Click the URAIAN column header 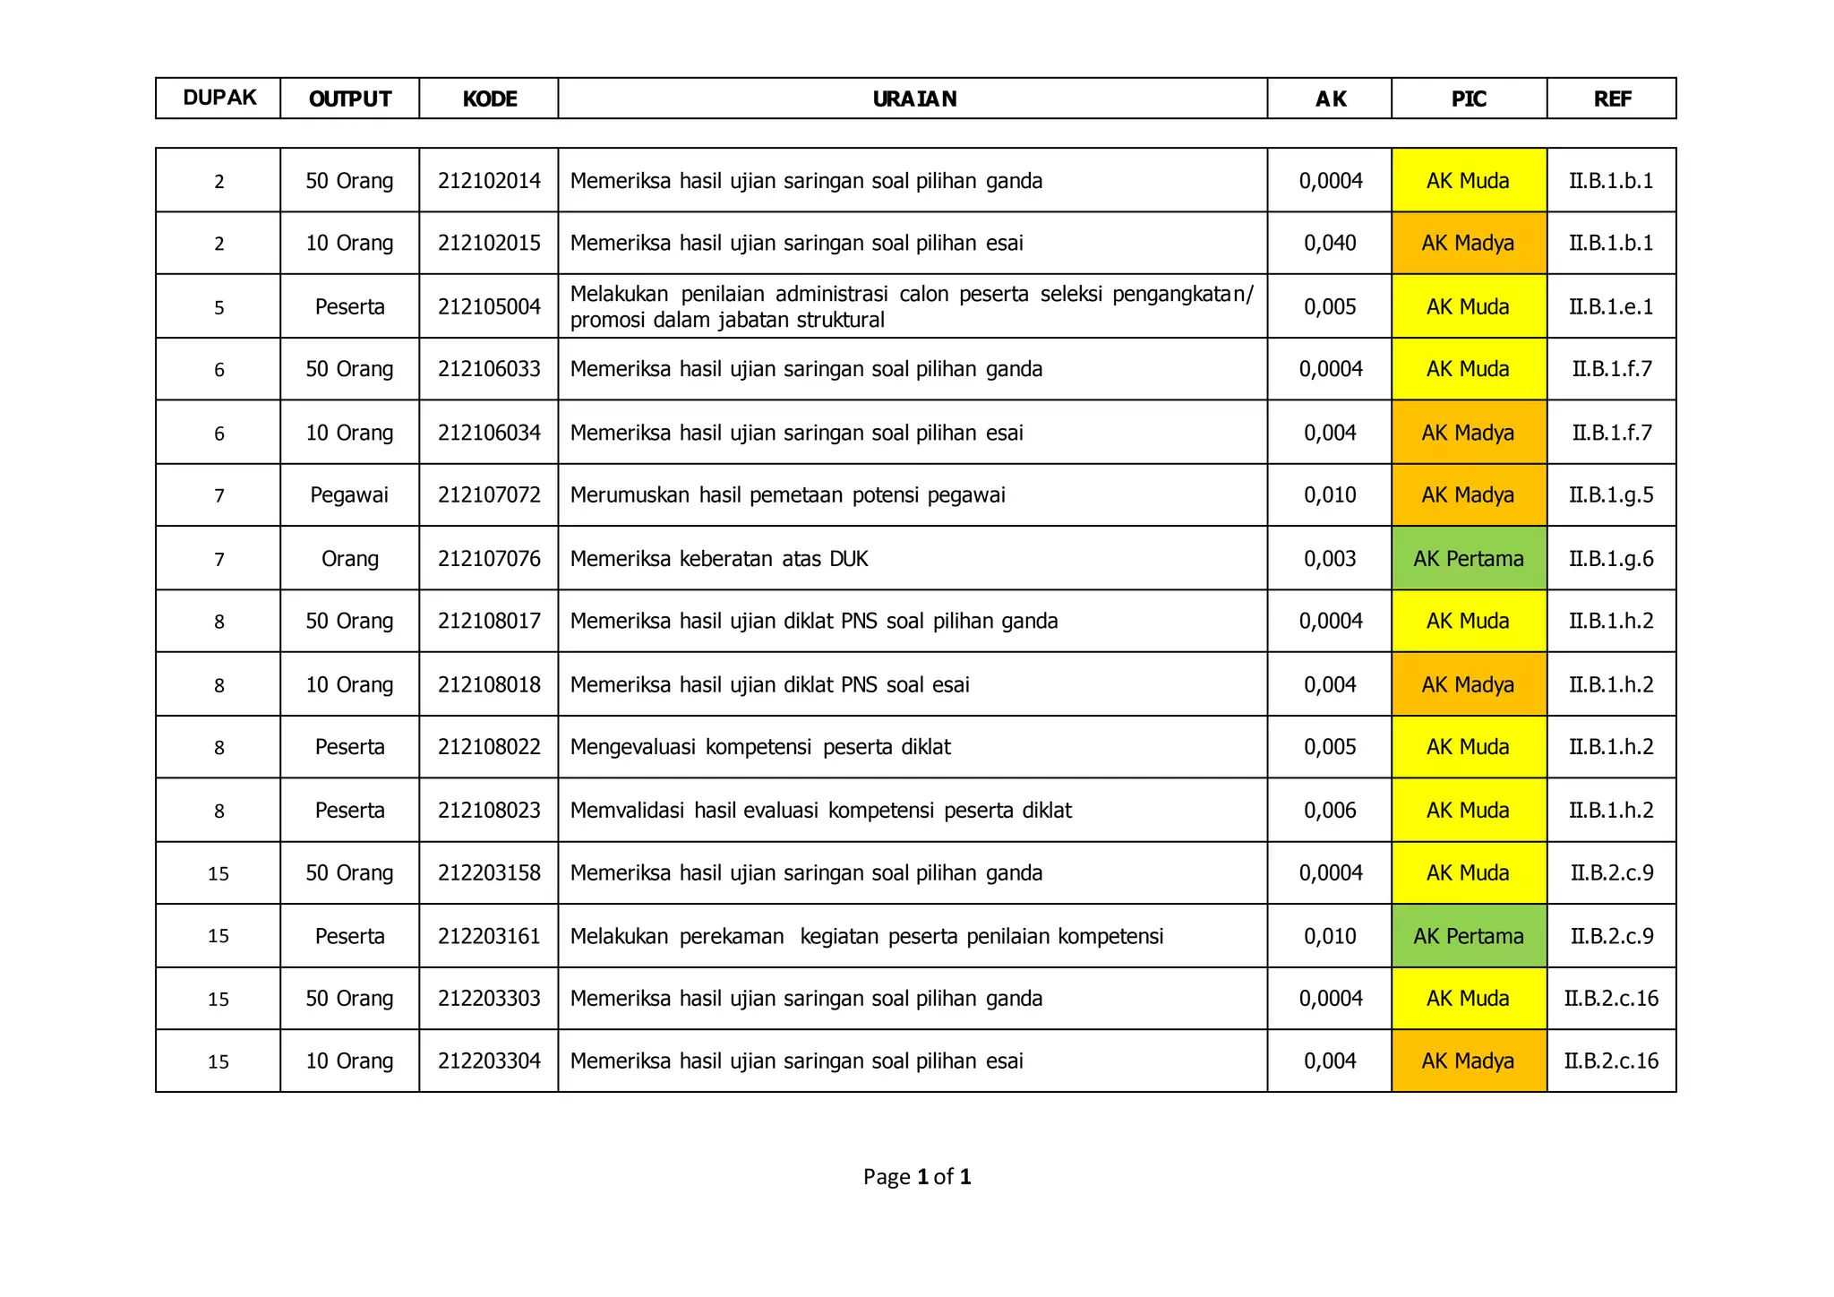tap(913, 99)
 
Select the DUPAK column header tap(219, 98)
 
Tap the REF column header tap(1611, 99)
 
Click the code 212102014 tap(489, 181)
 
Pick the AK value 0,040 tap(1330, 243)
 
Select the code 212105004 tap(489, 306)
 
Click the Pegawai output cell tap(349, 495)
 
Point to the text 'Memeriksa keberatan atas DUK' tap(719, 559)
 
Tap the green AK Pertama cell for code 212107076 tap(1468, 559)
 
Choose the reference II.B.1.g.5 tap(1611, 495)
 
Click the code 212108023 tap(489, 811)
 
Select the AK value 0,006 tap(1330, 811)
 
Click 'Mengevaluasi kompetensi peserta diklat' tap(760, 747)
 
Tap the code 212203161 tap(489, 936)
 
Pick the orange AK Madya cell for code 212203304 tap(1468, 1061)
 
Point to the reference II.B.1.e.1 tap(1611, 306)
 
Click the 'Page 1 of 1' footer tap(917, 1176)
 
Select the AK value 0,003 tap(1330, 559)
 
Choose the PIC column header tap(1469, 99)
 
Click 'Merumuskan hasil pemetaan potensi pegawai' tap(787, 495)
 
